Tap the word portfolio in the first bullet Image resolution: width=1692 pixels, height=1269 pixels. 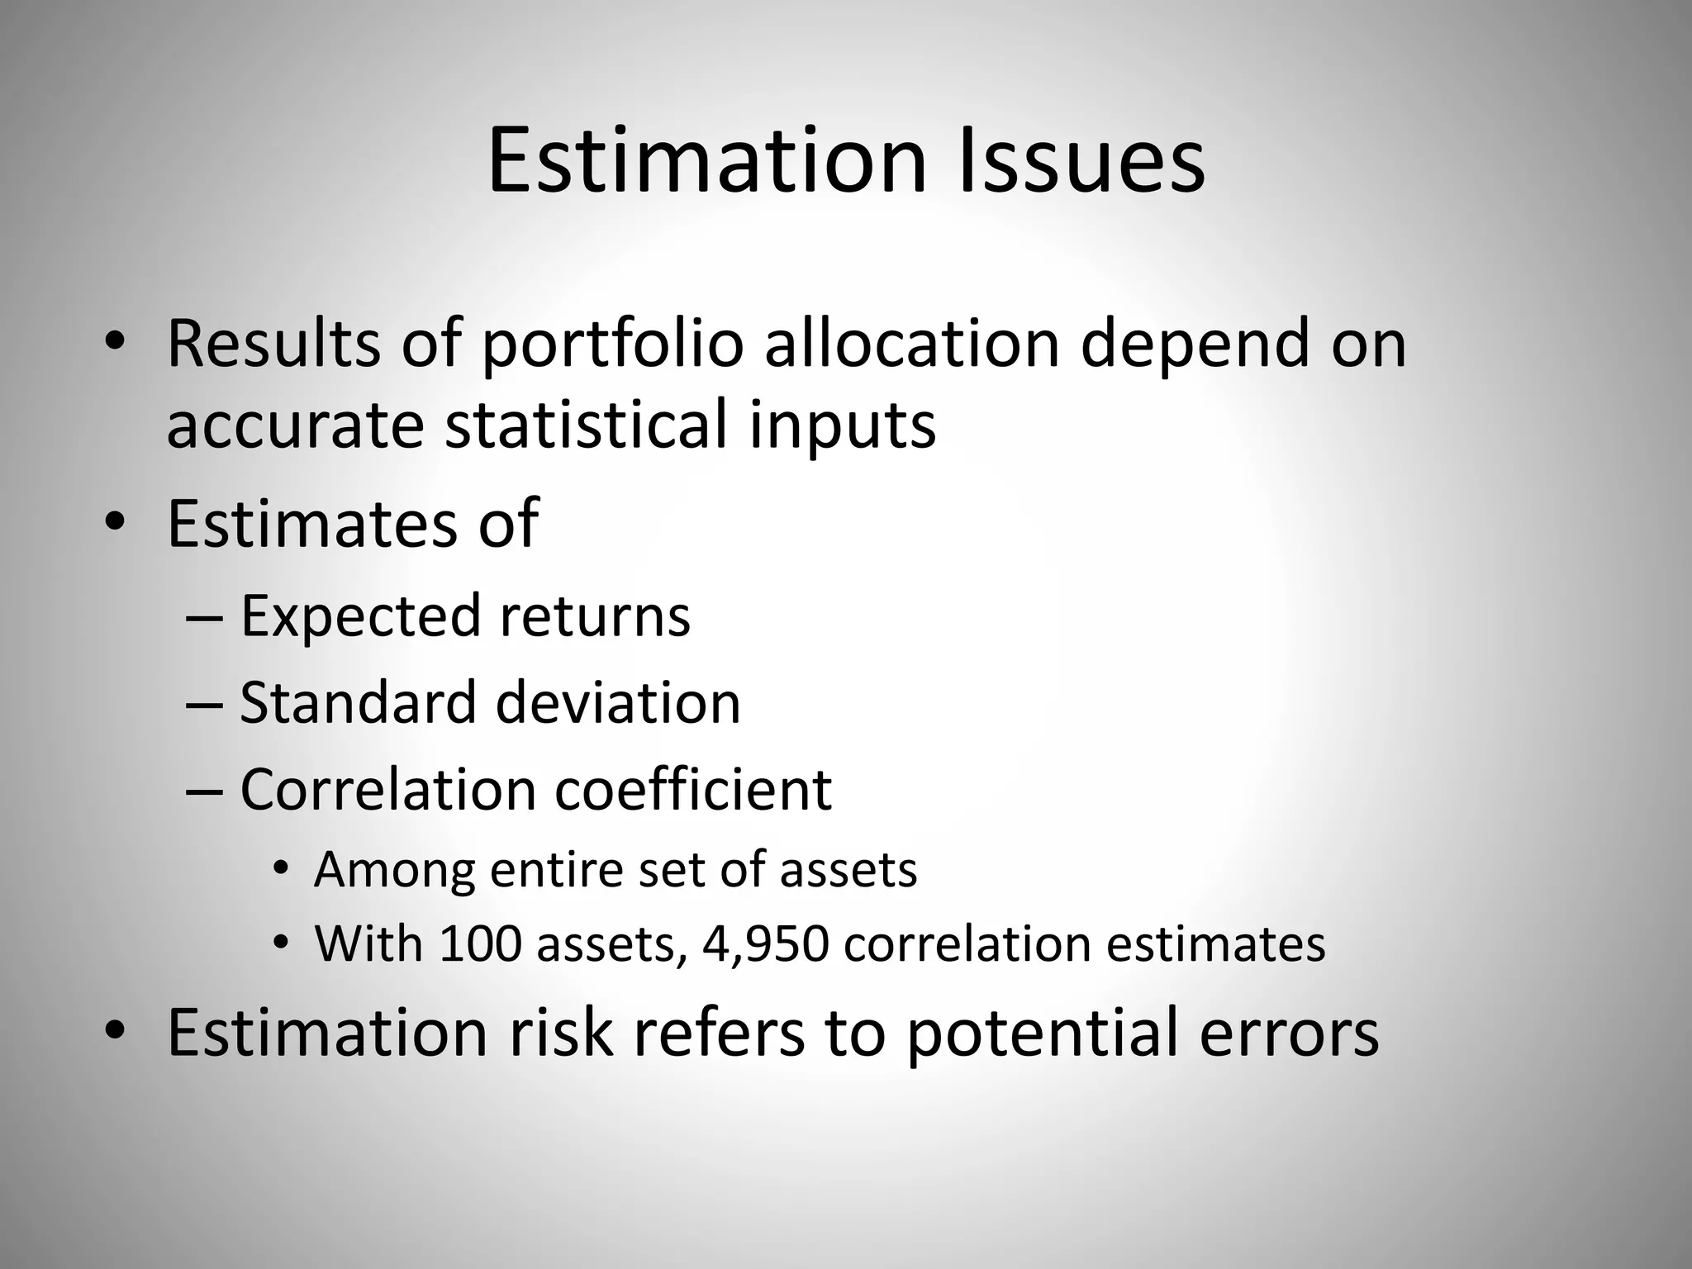pos(613,345)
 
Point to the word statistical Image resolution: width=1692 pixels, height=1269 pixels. pos(587,425)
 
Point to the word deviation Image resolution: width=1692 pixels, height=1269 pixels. pos(618,703)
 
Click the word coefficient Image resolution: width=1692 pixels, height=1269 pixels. pos(693,789)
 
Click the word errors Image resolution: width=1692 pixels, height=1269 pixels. pos(1289,1034)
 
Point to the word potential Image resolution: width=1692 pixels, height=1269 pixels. pos(1043,1034)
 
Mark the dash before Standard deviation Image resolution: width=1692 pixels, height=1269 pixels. pos(204,703)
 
